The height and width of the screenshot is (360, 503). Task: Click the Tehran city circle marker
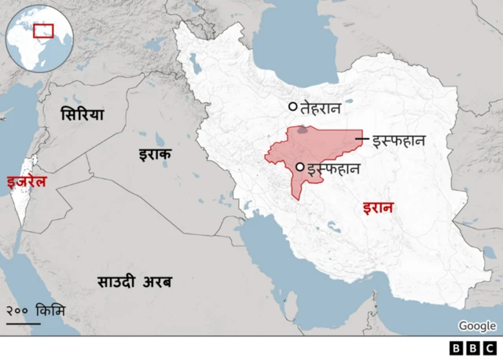293,107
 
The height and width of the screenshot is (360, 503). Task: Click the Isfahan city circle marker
299,167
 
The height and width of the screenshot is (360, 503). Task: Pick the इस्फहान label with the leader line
398,141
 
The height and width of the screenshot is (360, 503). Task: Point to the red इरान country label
378,208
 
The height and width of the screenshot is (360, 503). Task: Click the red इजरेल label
26,182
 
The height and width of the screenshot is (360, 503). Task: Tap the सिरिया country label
83,115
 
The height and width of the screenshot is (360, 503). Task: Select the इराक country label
155,154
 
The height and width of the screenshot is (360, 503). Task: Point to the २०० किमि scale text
36,310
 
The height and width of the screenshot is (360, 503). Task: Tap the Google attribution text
477,326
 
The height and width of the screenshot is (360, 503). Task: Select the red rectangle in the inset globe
43,31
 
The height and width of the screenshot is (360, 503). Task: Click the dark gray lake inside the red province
303,132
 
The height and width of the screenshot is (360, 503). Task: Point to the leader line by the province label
362,140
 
